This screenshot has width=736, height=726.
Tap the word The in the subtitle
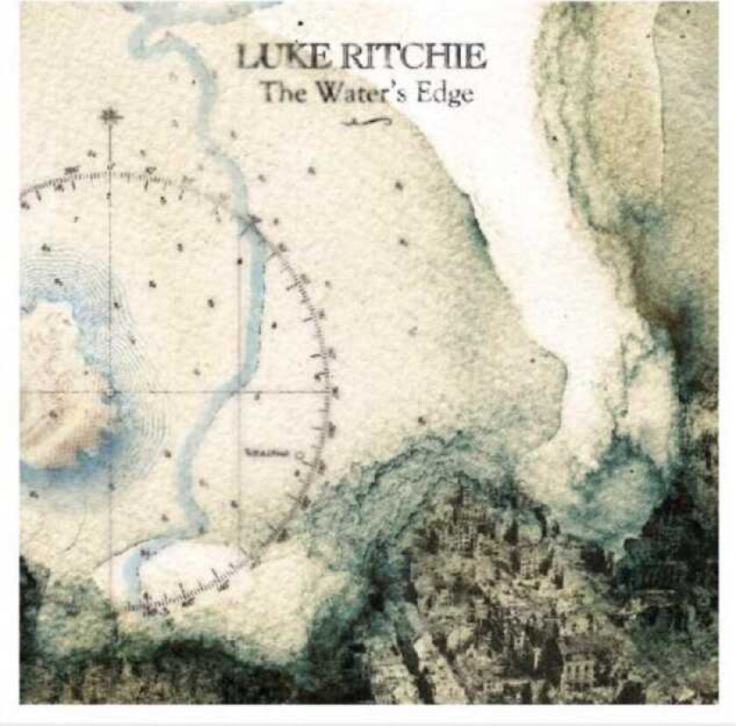[x=280, y=91]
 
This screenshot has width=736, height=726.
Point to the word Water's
[x=362, y=91]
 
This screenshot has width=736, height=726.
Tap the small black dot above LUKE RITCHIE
[x=301, y=22]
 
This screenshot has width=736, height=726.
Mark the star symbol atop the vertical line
[x=110, y=116]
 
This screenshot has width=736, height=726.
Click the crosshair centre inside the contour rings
[x=110, y=392]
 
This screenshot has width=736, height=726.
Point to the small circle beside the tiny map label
[x=300, y=455]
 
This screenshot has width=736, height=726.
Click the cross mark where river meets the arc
[x=255, y=223]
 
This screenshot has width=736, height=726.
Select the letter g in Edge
[x=451, y=96]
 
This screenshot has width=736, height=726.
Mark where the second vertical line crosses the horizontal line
[x=240, y=392]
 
